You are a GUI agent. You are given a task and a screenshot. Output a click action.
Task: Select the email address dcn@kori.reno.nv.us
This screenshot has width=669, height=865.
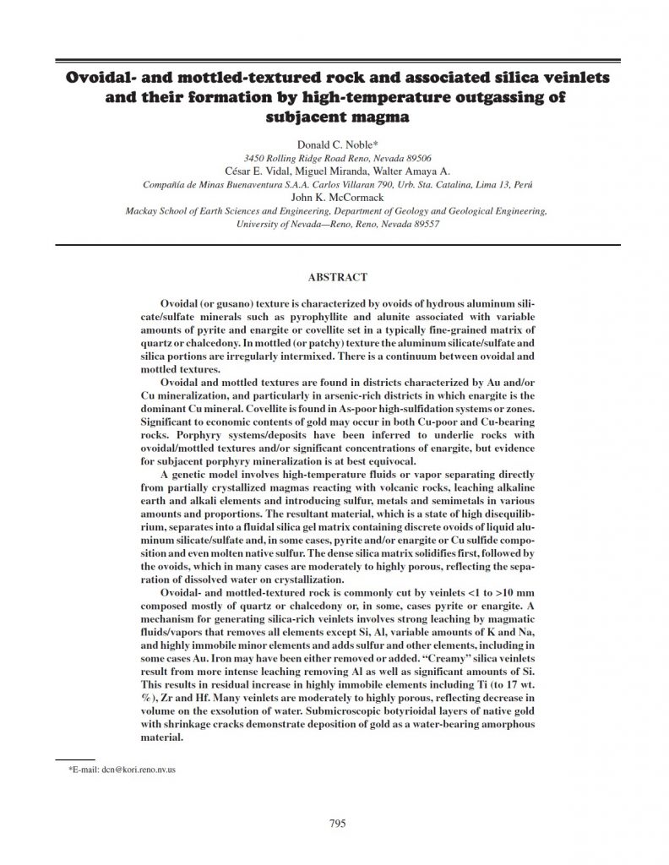click(x=128, y=770)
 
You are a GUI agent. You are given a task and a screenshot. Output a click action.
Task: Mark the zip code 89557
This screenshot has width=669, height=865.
click(x=423, y=225)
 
